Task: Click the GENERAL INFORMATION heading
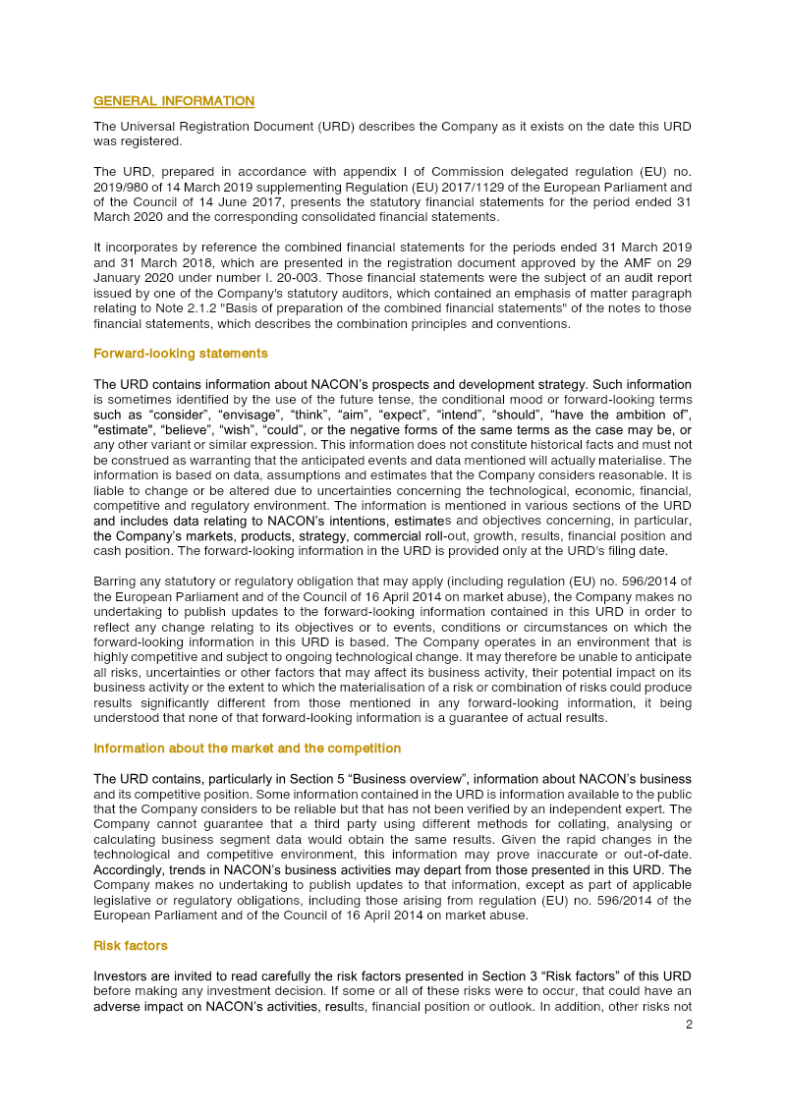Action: (173, 101)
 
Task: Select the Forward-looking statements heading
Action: (180, 353)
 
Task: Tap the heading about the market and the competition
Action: (247, 749)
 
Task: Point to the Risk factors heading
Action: (130, 946)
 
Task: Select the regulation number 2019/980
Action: (120, 187)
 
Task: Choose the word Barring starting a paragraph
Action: (116, 581)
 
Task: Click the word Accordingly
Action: (130, 870)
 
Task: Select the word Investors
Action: (121, 976)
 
